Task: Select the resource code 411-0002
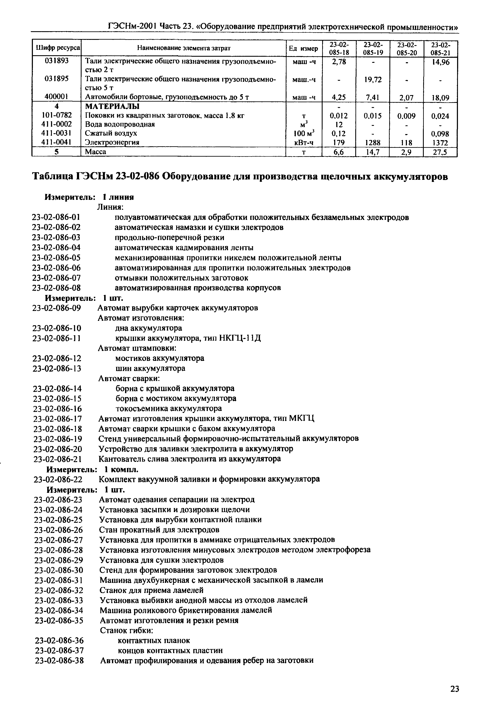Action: (57, 124)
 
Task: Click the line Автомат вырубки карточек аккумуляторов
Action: (178, 308)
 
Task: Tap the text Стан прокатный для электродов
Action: (159, 530)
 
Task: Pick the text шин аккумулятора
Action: (150, 368)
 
